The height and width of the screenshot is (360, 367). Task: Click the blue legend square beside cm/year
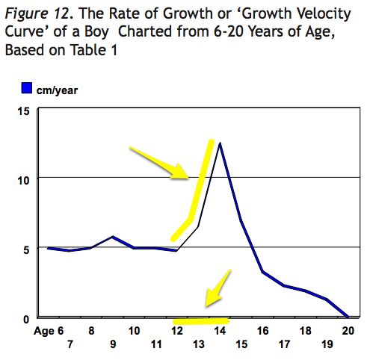click(25, 89)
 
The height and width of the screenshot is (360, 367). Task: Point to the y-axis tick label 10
click(23, 179)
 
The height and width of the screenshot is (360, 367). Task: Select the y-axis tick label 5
click(25, 249)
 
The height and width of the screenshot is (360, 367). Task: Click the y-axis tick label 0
click(25, 318)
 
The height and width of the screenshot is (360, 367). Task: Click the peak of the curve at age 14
click(220, 143)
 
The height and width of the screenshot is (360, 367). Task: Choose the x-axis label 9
click(112, 344)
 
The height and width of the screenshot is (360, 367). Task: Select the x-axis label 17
click(285, 344)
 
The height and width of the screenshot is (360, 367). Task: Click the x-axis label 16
click(263, 331)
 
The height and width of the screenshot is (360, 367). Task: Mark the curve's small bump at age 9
click(112, 237)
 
